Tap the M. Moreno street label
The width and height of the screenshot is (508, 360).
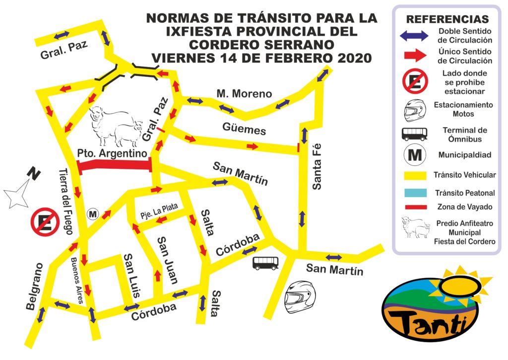[244, 93]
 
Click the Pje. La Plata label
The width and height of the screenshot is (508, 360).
[158, 212]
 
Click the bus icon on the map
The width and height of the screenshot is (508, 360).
[266, 263]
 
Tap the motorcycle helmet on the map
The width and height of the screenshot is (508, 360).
[300, 296]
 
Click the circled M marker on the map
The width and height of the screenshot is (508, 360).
[93, 214]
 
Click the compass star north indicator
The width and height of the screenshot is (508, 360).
[19, 193]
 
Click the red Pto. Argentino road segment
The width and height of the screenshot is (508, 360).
[115, 166]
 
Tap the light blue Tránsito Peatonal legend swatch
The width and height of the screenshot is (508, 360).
[416, 192]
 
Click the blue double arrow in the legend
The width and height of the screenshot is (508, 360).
[415, 35]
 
